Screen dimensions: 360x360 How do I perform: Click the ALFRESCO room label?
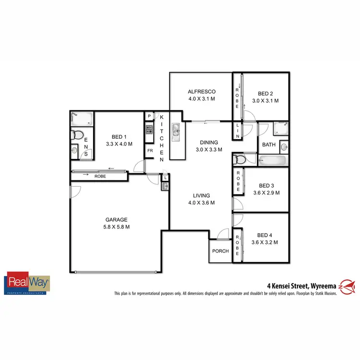tap(202, 92)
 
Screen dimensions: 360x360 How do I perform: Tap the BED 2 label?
tap(265, 94)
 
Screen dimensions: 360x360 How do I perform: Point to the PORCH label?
tap(220, 251)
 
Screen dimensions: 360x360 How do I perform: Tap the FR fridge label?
tap(150, 150)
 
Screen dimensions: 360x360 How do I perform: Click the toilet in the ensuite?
tap(77, 135)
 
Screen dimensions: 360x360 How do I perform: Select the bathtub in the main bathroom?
tap(272, 160)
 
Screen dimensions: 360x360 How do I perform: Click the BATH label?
tap(268, 144)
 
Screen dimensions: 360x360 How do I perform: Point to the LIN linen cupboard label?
tap(237, 131)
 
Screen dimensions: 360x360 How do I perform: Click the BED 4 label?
tap(265, 235)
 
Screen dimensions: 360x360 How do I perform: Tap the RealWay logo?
tap(27, 284)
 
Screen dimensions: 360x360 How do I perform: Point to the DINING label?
tap(209, 142)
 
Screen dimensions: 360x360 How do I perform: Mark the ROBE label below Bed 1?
tap(100, 176)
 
